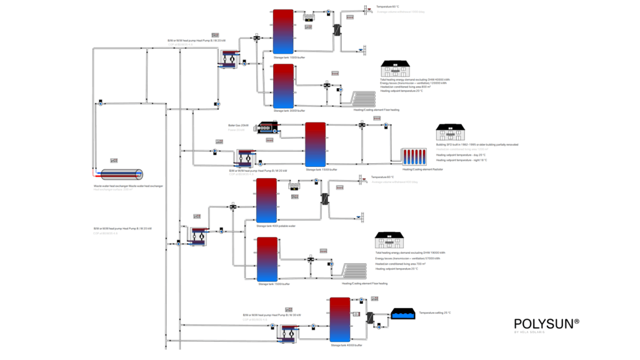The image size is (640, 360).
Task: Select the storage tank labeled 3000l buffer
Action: pyautogui.click(x=283, y=86)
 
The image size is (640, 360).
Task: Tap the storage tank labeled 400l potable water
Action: pyautogui.click(x=267, y=200)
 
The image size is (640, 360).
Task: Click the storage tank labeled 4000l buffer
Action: pyautogui.click(x=340, y=319)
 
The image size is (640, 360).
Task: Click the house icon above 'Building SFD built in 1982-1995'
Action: pyautogui.click(x=449, y=132)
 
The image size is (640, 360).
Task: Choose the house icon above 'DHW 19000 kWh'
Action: pyautogui.click(x=389, y=241)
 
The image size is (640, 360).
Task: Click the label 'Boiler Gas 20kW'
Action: pyautogui.click(x=238, y=126)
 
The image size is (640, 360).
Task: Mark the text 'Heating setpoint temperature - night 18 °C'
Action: pyautogui.click(x=462, y=160)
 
